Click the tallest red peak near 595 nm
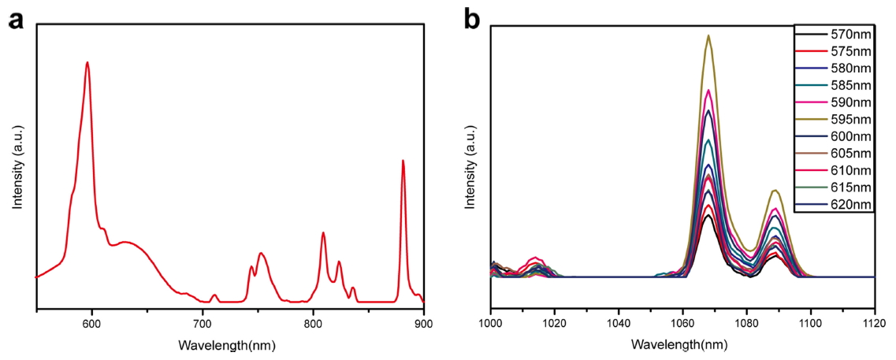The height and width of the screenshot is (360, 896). pyautogui.click(x=87, y=62)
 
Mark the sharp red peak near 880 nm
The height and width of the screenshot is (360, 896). pyautogui.click(x=403, y=161)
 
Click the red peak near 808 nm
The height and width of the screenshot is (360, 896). pyautogui.click(x=323, y=233)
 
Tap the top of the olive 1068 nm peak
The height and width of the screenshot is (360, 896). pyautogui.click(x=708, y=35)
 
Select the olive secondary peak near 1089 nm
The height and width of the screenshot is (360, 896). pyautogui.click(x=775, y=191)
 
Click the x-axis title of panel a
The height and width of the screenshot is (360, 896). pyautogui.click(x=227, y=345)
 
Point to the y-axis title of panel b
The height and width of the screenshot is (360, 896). pyautogui.click(x=471, y=166)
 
